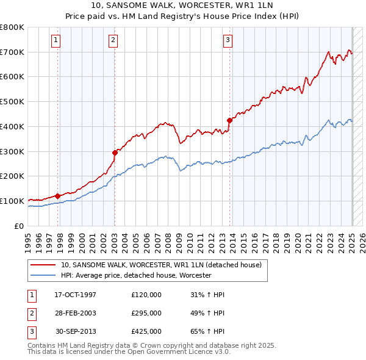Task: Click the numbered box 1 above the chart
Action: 56,41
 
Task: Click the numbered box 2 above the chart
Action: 113,41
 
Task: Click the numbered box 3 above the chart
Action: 228,41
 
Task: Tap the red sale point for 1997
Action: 57,196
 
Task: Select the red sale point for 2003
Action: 115,153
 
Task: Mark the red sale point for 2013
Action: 230,120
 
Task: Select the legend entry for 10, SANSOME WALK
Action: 161,265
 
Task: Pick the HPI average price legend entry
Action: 135,275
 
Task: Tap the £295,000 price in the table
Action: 146,313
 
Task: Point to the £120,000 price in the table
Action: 146,295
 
